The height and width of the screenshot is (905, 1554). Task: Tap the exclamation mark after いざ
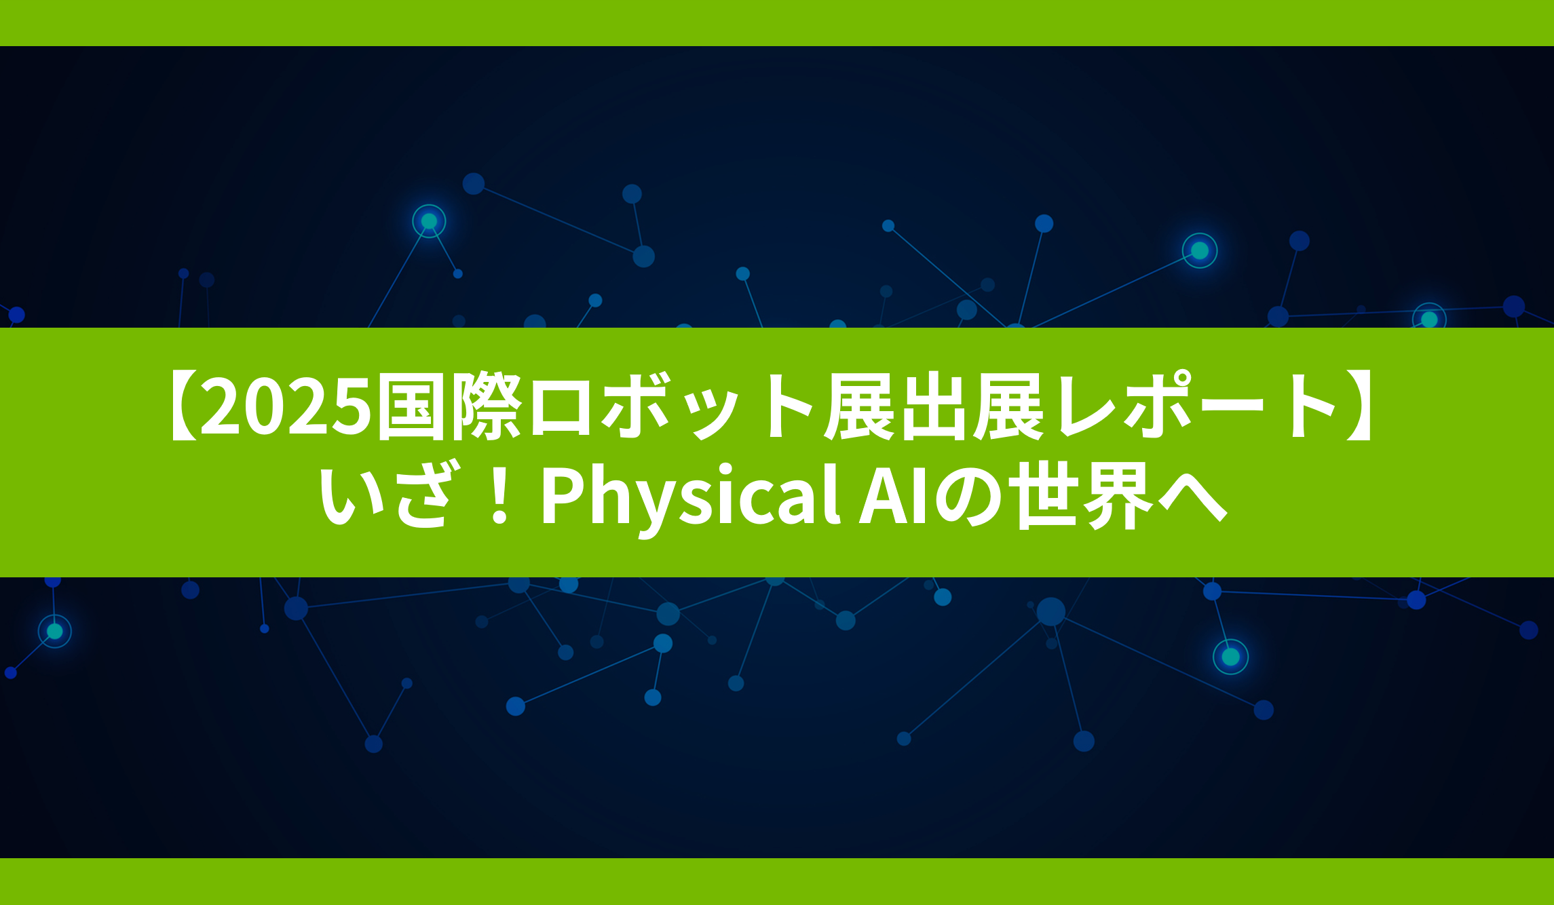point(500,495)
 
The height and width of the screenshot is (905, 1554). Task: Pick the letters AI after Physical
point(894,495)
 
